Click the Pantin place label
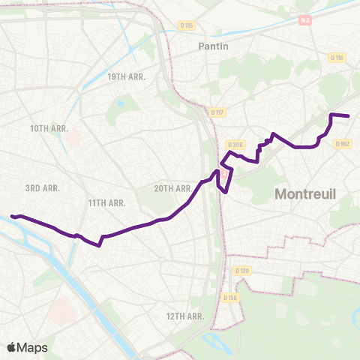214,46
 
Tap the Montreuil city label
306,193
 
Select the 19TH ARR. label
126,76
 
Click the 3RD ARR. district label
42,188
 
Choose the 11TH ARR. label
106,202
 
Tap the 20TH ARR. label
173,188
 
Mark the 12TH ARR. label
185,316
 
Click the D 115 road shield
187,26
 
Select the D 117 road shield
217,112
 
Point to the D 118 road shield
337,58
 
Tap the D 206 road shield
235,144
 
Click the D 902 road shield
343,144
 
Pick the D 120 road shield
241,270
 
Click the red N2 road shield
304,21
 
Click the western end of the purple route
12,217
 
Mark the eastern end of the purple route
349,115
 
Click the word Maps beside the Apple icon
33,347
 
